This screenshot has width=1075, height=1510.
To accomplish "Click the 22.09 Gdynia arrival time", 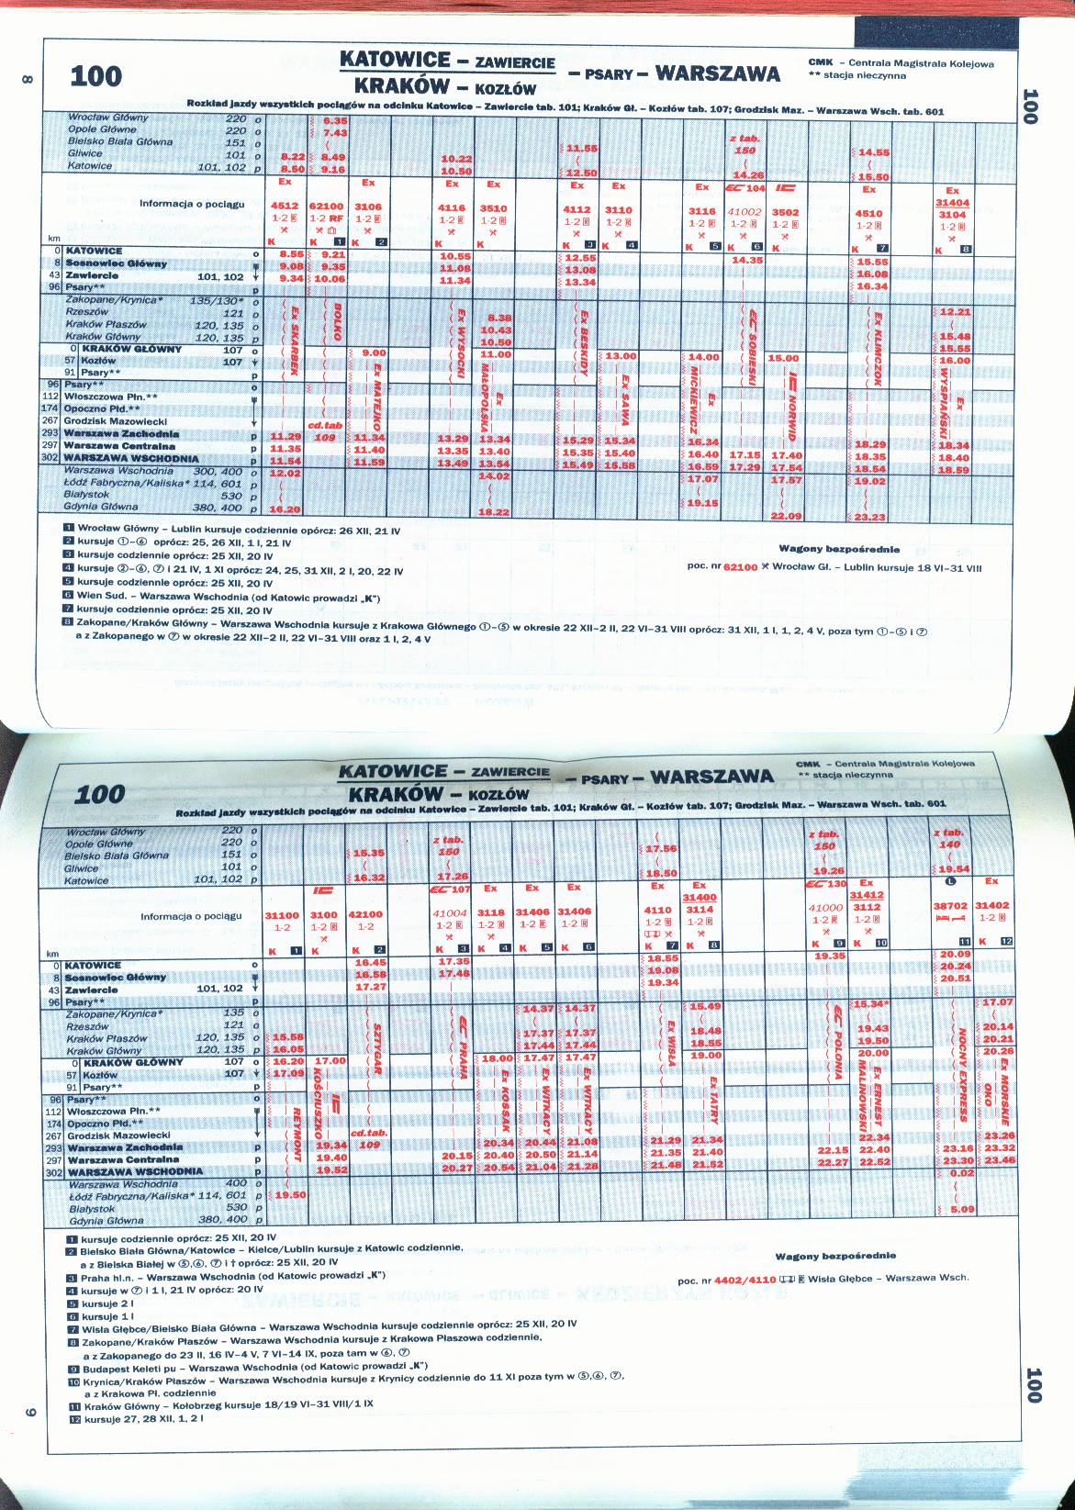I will (x=787, y=516).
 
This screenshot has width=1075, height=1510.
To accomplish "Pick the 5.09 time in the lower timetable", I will (x=960, y=1209).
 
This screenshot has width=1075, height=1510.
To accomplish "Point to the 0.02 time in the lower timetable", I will (x=960, y=1173).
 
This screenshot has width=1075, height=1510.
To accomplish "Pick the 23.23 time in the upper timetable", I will (x=869, y=518).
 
